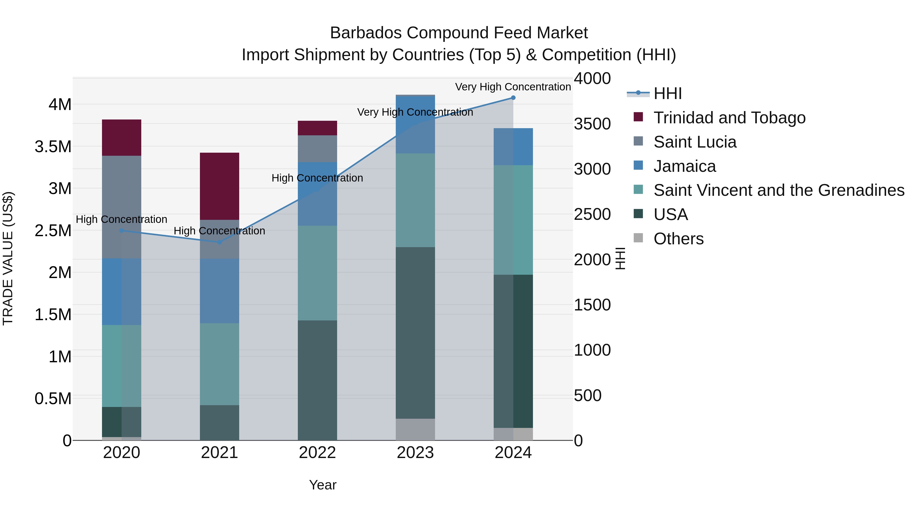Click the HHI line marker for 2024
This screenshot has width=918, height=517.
point(513,98)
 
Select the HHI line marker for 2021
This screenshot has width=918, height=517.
point(220,242)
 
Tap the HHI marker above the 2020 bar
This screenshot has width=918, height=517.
point(122,231)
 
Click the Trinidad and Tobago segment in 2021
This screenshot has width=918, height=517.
point(220,186)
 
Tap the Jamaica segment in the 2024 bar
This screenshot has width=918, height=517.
point(513,147)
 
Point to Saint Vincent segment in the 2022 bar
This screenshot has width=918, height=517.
point(317,273)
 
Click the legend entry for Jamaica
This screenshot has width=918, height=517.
point(684,166)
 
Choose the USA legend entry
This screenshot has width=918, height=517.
point(670,214)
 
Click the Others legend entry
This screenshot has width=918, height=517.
point(678,239)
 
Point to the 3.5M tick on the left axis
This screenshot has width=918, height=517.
point(53,147)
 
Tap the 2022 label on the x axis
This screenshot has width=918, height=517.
point(317,453)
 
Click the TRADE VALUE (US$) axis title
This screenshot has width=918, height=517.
point(8,258)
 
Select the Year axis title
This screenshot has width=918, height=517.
point(323,485)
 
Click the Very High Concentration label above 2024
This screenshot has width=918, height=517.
point(513,87)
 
